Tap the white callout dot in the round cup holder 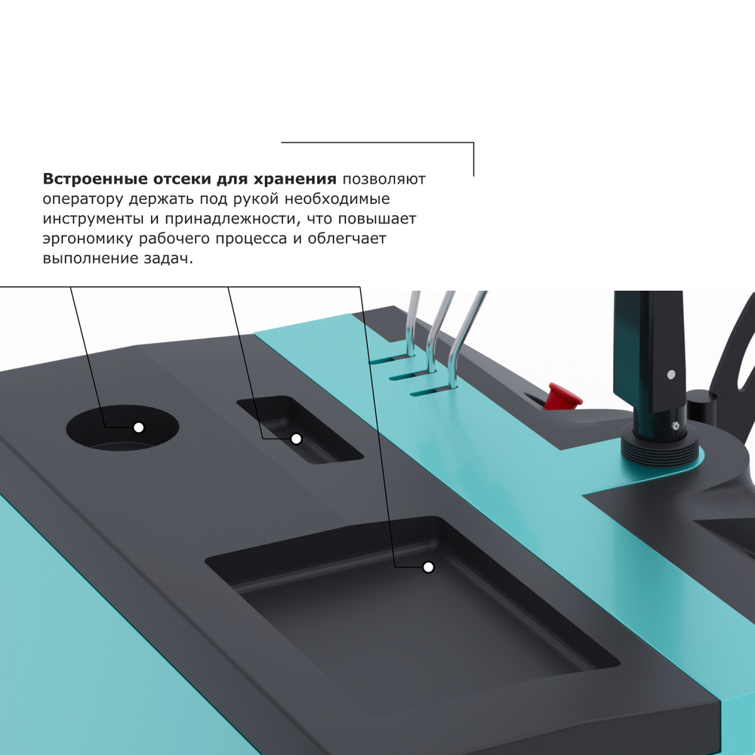[x=138, y=427]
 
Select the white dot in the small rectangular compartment [x=296, y=439]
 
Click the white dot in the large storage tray [x=428, y=567]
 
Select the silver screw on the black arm [x=670, y=374]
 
